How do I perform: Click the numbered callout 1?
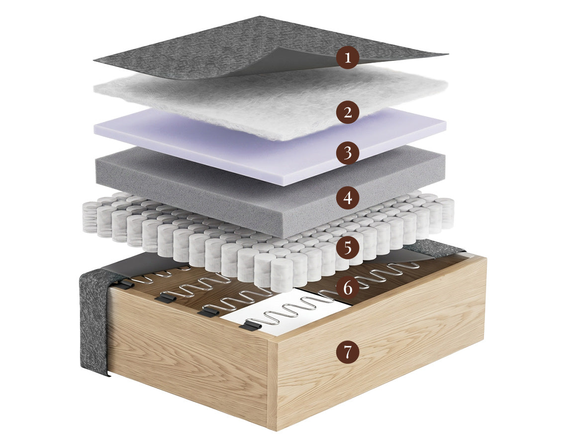point(348,57)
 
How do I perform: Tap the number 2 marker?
point(348,112)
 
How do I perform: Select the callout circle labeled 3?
point(348,153)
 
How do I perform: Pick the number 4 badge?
point(348,198)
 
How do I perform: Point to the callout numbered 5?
point(348,247)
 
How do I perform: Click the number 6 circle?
point(348,288)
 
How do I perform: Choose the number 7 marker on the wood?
point(348,351)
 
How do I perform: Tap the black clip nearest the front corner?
point(253,325)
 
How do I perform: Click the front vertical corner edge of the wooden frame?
point(272,383)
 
